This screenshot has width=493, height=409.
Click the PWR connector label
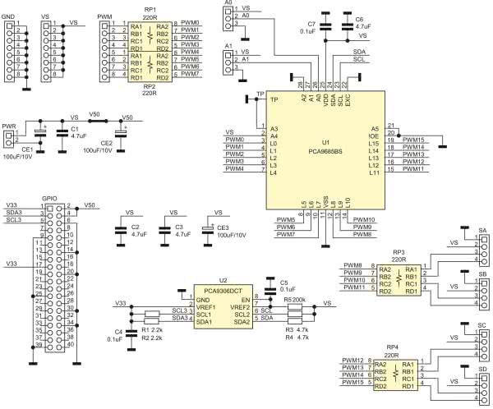click(9, 126)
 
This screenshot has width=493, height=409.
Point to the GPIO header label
click(49, 198)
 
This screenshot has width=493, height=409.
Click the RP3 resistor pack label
click(399, 252)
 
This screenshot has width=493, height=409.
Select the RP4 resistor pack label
click(399, 347)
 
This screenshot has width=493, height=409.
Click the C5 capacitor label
click(284, 283)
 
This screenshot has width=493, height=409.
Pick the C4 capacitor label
click(118, 331)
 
